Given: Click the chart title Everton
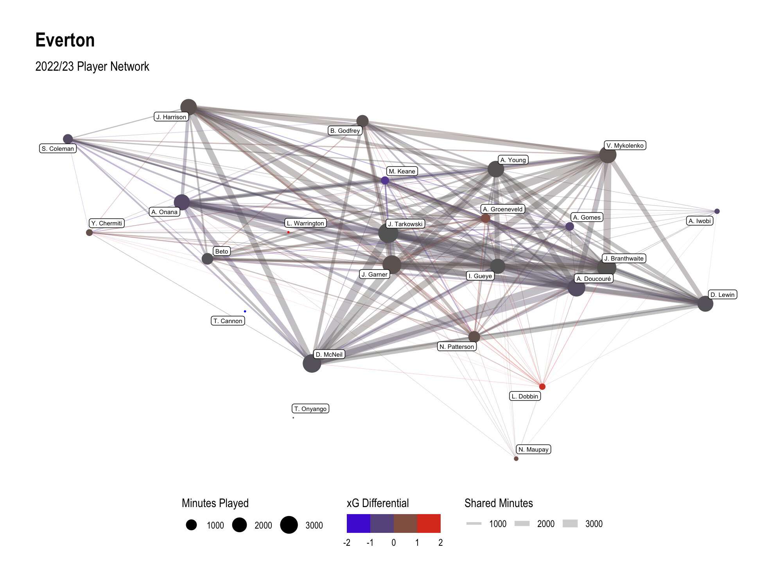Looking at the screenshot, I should (x=65, y=40).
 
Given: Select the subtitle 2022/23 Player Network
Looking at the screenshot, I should (x=92, y=66).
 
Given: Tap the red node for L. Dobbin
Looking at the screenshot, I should (x=542, y=386).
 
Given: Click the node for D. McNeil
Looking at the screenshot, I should (x=312, y=363).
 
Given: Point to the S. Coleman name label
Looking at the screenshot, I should (x=58, y=148).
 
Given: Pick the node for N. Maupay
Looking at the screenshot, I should (x=516, y=458).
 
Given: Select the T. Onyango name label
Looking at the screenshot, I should (x=310, y=409).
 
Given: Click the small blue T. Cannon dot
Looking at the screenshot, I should (x=245, y=311).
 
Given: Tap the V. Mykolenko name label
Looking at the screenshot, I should (x=625, y=145).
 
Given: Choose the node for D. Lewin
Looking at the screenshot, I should (x=705, y=304).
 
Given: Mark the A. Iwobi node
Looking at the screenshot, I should (x=717, y=211).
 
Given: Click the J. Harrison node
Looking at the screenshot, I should (x=188, y=107).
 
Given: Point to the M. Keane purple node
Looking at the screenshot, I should (x=385, y=180).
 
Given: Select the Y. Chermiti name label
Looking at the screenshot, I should (x=107, y=223).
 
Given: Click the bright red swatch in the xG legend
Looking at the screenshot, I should (x=429, y=523).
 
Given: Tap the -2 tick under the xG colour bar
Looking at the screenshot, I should (x=346, y=543).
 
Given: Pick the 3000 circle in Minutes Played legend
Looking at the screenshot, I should (x=289, y=525).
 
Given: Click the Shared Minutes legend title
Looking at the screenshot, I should (x=499, y=503).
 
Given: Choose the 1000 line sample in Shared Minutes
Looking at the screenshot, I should (x=474, y=523).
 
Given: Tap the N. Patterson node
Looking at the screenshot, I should (x=474, y=336).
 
